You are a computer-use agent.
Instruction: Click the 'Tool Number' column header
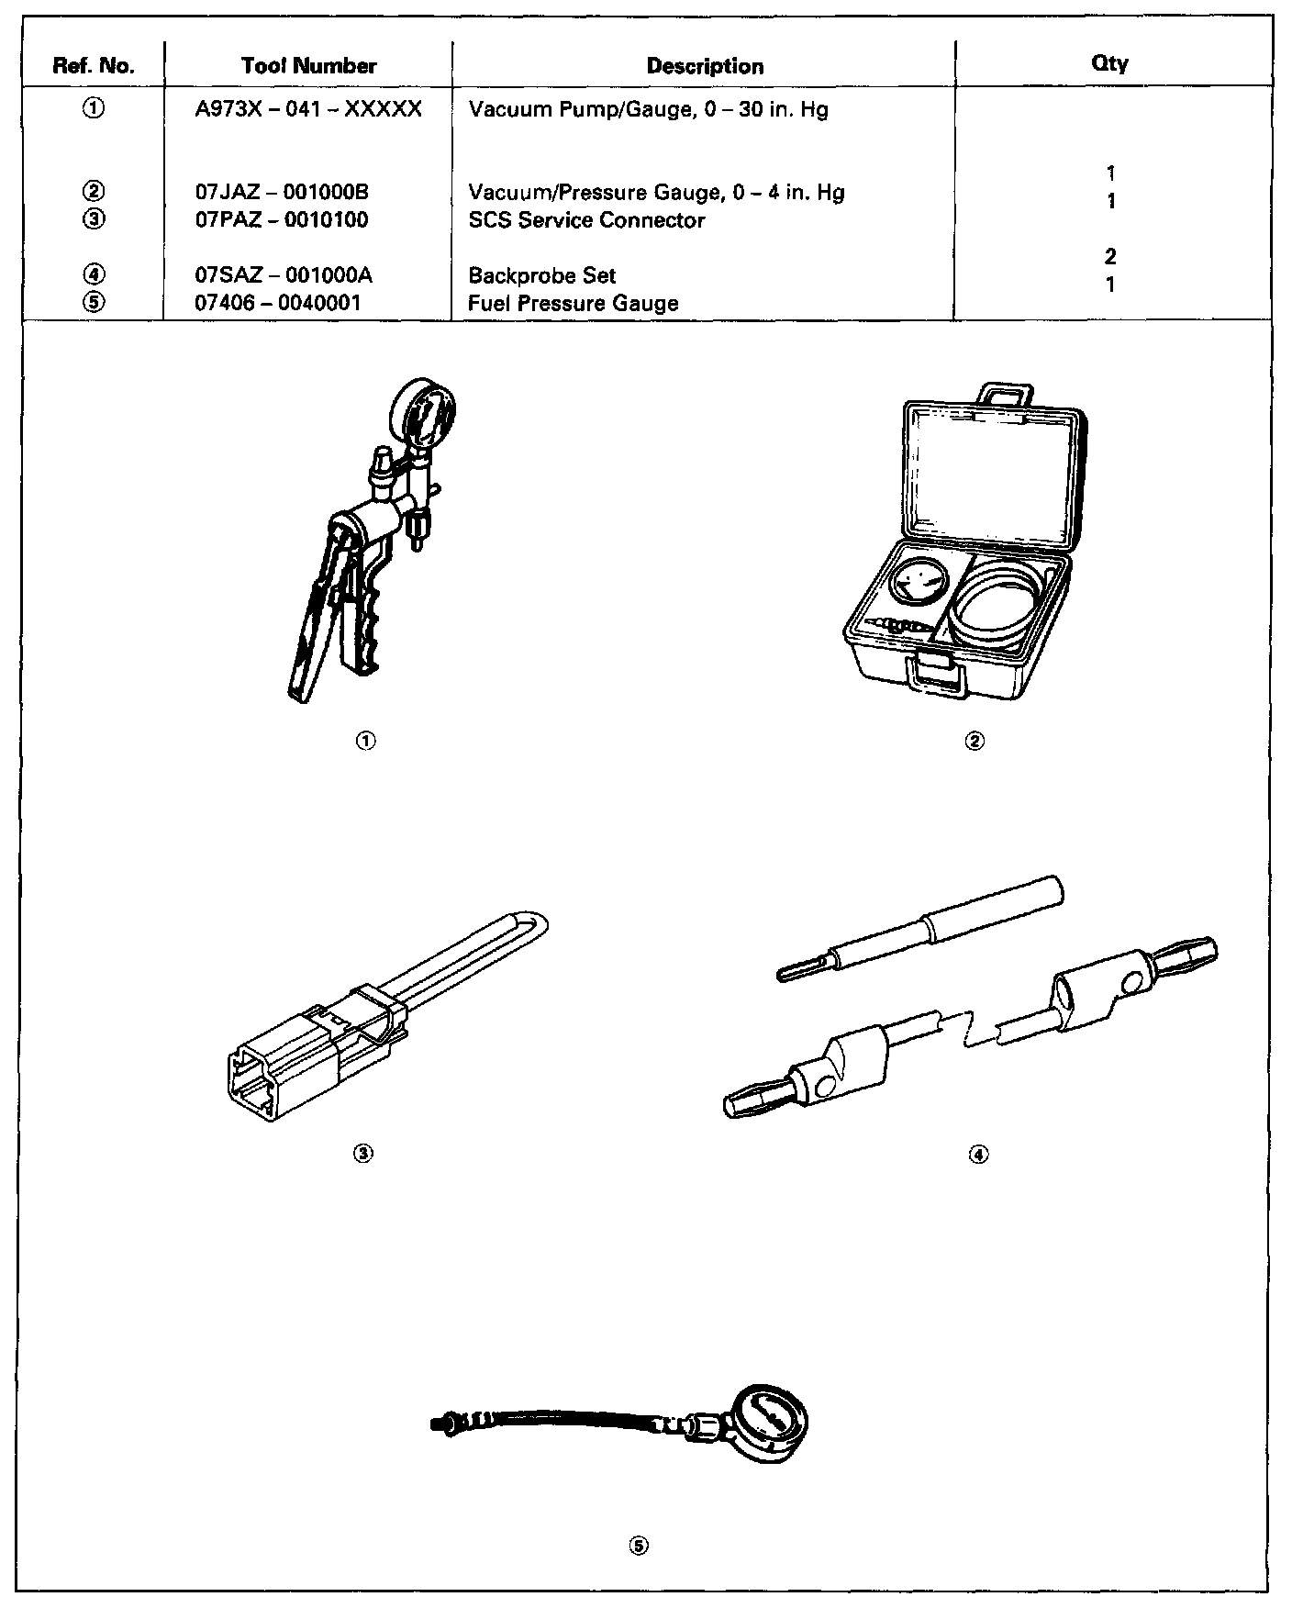[308, 66]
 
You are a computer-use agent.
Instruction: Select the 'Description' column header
[705, 66]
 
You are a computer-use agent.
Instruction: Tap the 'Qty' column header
[1109, 63]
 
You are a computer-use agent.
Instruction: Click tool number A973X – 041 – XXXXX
[308, 109]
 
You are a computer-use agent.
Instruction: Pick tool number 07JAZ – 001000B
[282, 193]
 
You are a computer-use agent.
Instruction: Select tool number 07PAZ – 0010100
[282, 220]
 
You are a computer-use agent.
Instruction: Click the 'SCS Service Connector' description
[586, 220]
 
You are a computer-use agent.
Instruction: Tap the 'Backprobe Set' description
[541, 275]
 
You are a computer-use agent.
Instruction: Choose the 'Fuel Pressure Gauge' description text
[574, 303]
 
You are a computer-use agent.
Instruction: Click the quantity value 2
[1110, 257]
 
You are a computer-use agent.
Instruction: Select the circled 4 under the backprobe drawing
[978, 1154]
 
